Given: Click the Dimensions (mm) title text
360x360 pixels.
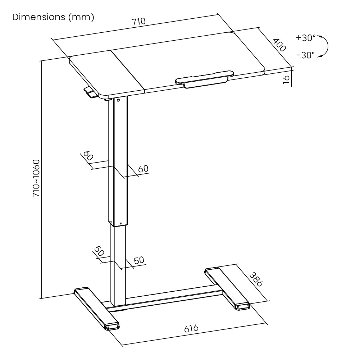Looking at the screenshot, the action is pos(53,17).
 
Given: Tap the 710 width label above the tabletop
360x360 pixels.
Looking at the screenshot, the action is pos(138,21).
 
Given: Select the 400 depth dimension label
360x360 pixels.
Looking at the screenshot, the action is pos(279,45).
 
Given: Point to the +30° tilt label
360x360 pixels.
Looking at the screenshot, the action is pos(306,38).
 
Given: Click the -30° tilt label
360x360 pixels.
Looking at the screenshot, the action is pos(305,55).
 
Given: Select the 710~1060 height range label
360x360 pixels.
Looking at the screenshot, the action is pos(36,178).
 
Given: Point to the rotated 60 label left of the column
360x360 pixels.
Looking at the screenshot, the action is pos(88,156).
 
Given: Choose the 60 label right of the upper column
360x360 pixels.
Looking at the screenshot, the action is pos(143,169).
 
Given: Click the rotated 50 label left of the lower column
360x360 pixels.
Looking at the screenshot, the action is pos(99,251).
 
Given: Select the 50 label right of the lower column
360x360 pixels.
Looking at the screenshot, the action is pos(139,260).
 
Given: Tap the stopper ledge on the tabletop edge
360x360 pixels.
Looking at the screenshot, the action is pos(205,79).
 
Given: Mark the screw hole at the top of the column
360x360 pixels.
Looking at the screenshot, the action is pos(118,100).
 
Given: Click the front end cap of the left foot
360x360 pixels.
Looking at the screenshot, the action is pos(112,327).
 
